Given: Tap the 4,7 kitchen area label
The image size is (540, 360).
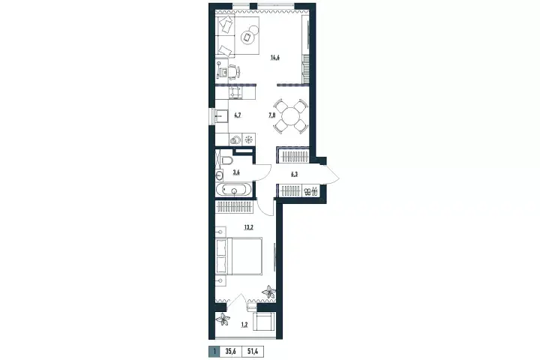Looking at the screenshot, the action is pos(237,115).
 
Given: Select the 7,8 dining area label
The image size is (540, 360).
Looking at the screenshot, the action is pos(271,115).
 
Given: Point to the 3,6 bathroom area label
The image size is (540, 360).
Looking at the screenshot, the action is pos(236,172).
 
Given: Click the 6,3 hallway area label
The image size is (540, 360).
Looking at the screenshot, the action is pos(294,174).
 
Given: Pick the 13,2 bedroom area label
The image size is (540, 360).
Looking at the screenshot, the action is pos(249,227).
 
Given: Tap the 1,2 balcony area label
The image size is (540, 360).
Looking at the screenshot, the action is pos(244,324).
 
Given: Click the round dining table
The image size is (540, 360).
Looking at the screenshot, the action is pos(291,117).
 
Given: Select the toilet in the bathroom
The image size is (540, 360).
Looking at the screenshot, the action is pos(227,160).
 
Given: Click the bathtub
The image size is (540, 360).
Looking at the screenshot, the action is pos(233,190).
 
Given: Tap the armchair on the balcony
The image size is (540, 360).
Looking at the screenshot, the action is pos(265,322).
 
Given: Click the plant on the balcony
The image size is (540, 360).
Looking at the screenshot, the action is pos(223,319).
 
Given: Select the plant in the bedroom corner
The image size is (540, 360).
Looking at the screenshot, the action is pos(268,292).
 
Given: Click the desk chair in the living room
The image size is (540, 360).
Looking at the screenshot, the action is pos(234,72).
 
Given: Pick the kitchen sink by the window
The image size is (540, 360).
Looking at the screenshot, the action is pos(221,116).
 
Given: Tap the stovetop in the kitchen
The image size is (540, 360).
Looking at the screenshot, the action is pos(235,92).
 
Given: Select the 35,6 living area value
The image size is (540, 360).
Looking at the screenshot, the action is pos(230,352).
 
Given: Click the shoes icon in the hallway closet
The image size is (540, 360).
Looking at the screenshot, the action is pos(310,190).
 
